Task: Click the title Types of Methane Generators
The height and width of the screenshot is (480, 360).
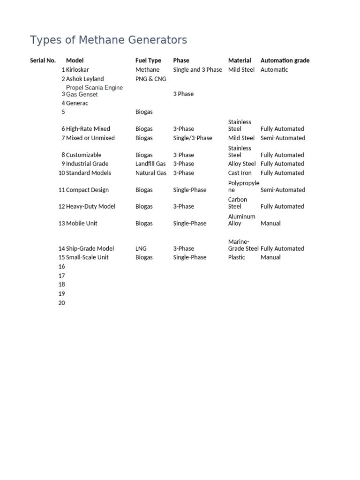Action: tap(108, 40)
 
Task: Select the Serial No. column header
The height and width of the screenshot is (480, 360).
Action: tap(43, 60)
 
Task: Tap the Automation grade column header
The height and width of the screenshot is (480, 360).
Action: tap(285, 60)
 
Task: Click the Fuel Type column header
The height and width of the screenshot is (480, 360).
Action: tap(148, 60)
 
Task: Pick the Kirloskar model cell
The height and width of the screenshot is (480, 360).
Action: tap(77, 70)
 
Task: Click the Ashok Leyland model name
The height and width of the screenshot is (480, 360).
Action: tap(85, 79)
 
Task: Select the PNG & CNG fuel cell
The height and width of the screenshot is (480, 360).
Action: tap(150, 79)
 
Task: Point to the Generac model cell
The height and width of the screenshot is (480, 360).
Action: tap(77, 103)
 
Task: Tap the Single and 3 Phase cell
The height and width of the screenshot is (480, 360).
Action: tap(197, 70)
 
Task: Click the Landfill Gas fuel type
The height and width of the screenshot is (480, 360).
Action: tap(150, 164)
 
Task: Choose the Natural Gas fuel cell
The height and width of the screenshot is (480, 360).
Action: tap(150, 173)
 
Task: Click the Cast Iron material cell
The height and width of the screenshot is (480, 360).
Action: tap(240, 173)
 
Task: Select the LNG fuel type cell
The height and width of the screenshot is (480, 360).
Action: tap(141, 248)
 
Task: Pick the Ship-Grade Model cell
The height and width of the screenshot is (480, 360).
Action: tap(90, 248)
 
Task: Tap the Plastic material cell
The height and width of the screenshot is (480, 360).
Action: tap(236, 257)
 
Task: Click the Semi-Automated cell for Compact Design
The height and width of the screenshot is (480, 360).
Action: tap(283, 190)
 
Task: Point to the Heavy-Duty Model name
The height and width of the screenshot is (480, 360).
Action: tap(90, 206)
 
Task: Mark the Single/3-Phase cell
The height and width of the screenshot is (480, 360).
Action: tap(192, 138)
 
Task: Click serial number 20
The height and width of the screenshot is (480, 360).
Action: tap(61, 303)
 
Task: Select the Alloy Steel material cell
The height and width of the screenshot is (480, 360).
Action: tap(242, 164)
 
